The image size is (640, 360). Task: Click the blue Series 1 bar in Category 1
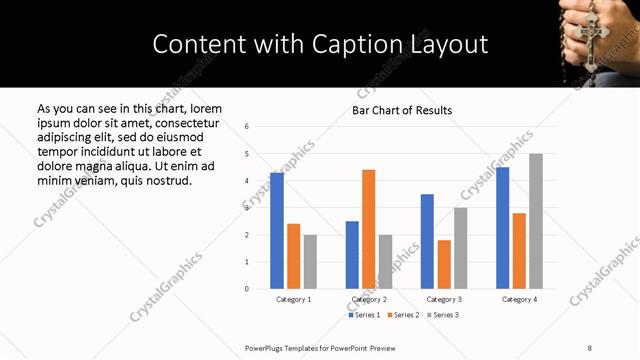pyautogui.click(x=277, y=231)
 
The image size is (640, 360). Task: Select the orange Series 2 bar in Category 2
pyautogui.click(x=368, y=229)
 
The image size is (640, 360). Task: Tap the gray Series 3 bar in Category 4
pyautogui.click(x=536, y=221)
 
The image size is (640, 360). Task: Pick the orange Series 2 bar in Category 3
pyautogui.click(x=444, y=264)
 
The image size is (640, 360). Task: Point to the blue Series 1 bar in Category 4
pyautogui.click(x=502, y=228)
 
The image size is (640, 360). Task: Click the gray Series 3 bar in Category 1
pyautogui.click(x=310, y=262)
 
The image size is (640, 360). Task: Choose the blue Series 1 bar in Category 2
pyautogui.click(x=352, y=255)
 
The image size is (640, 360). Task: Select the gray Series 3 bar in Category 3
pyautogui.click(x=460, y=248)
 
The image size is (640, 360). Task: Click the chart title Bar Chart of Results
pyautogui.click(x=402, y=110)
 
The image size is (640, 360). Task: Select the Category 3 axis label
pyautogui.click(x=444, y=299)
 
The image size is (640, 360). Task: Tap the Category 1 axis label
pyautogui.click(x=293, y=299)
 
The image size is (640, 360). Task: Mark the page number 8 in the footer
pyautogui.click(x=590, y=347)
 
